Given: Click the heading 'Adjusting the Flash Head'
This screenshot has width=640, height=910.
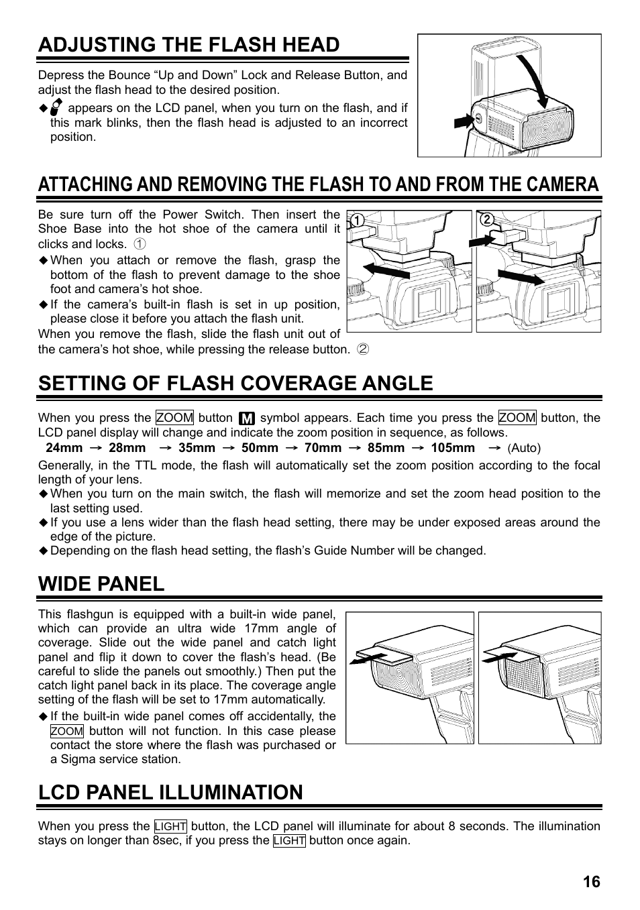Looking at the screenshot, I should pyautogui.click(x=189, y=45).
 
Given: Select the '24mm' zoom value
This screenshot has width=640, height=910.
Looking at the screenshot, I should pyautogui.click(x=64, y=448).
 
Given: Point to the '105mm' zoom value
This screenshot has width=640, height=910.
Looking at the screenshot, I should pyautogui.click(x=453, y=448).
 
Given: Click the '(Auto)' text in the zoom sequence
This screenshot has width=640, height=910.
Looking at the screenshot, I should pyautogui.click(x=523, y=448).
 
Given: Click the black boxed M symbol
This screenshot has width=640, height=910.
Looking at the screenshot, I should pyautogui.click(x=246, y=418).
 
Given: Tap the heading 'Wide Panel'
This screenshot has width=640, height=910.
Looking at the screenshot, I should pyautogui.click(x=101, y=583).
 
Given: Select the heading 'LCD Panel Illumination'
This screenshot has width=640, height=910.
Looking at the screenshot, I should pyautogui.click(x=170, y=792).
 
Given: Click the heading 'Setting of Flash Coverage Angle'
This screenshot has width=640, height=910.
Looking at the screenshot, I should pyautogui.click(x=235, y=383).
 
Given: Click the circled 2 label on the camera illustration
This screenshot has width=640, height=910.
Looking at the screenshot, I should pyautogui.click(x=486, y=221).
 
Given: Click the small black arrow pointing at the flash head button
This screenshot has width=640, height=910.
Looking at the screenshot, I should pyautogui.click(x=464, y=121).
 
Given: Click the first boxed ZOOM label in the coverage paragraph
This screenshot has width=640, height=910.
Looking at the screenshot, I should pyautogui.click(x=174, y=418).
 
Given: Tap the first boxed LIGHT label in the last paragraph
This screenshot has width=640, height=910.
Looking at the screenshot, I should pyautogui.click(x=170, y=826).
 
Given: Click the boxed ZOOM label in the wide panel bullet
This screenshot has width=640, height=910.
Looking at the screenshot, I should pyautogui.click(x=67, y=731).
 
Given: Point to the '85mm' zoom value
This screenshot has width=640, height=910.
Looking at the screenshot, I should pyautogui.click(x=386, y=448).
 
